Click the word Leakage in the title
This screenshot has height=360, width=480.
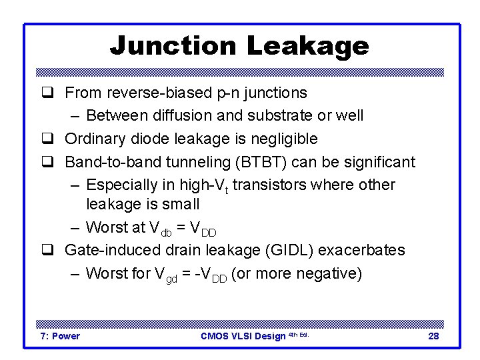pos(307,46)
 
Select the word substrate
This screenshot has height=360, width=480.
pos(280,115)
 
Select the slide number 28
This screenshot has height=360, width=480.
pos(433,336)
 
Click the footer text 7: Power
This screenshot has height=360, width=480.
pos(59,336)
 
